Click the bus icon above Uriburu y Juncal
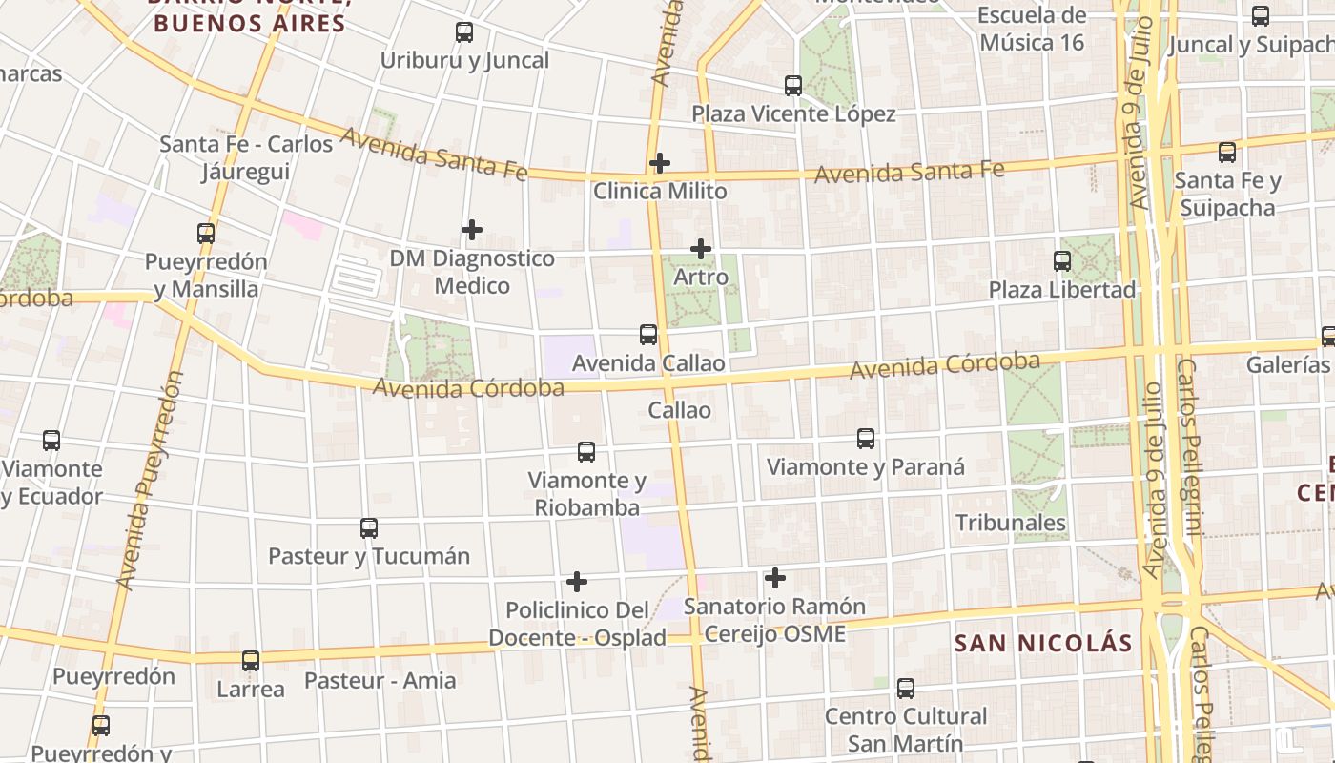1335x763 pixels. (464, 32)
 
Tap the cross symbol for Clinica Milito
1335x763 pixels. (659, 163)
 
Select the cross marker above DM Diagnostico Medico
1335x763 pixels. (471, 230)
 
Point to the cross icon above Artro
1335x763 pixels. (701, 249)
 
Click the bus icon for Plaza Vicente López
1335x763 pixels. (793, 86)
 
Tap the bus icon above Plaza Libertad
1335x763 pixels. (1062, 261)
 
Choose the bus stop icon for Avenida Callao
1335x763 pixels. (648, 335)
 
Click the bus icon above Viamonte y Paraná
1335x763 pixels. (866, 439)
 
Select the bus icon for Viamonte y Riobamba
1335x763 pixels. (586, 452)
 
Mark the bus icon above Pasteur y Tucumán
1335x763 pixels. (369, 527)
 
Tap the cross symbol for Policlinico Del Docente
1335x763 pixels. (577, 582)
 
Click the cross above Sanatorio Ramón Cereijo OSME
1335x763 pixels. (775, 578)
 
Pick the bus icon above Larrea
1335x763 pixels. (251, 660)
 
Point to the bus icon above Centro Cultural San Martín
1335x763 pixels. (906, 688)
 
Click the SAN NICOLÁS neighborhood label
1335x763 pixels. (1043, 643)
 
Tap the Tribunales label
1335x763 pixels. (1011, 523)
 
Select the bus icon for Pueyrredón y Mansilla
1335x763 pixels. (206, 234)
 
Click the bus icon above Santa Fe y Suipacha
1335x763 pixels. (1227, 153)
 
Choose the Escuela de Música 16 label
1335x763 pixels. (1032, 29)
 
